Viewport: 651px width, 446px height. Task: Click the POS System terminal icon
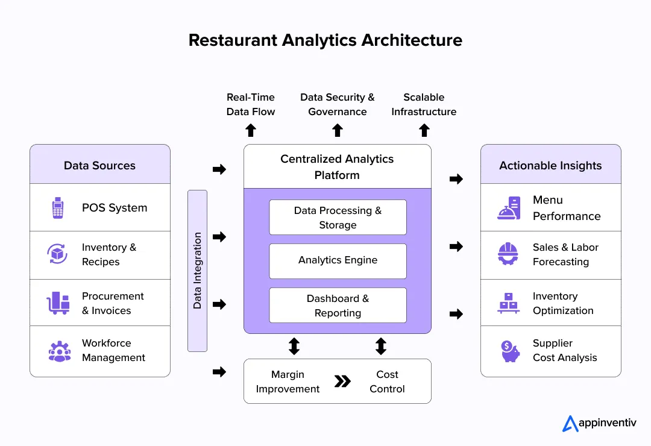[x=57, y=208]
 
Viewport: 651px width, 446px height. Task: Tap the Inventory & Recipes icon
[x=57, y=254]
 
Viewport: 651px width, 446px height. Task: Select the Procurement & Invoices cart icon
[x=58, y=303]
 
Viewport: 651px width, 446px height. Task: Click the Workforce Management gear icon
[x=59, y=350]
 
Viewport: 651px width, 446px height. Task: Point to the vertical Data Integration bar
[x=197, y=271]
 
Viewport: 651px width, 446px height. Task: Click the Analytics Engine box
[x=338, y=260]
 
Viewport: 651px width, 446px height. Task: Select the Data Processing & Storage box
[x=338, y=218]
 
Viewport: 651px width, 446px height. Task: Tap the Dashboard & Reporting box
[x=338, y=306]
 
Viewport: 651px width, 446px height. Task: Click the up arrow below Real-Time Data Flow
[x=251, y=130]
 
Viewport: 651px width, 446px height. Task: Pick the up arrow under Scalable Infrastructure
[x=424, y=130]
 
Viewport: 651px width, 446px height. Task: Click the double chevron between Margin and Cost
[x=342, y=381]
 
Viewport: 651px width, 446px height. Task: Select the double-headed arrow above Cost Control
[x=381, y=346]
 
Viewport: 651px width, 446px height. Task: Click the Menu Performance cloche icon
[x=509, y=208]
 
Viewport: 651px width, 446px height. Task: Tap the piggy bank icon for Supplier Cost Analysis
[x=509, y=351]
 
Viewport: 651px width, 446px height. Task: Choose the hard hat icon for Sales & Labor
[x=509, y=254]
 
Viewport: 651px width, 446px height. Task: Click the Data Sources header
[x=100, y=165]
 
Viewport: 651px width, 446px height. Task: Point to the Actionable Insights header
[x=550, y=165]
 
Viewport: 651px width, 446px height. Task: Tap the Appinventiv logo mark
[x=570, y=424]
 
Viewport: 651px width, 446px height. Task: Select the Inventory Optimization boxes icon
[x=509, y=303]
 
